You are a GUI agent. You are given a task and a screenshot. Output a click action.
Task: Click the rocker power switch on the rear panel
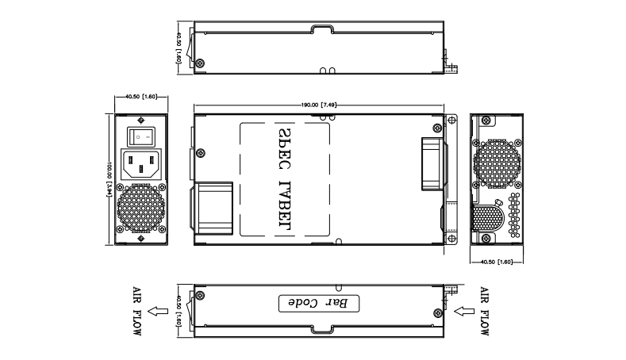click(x=141, y=136)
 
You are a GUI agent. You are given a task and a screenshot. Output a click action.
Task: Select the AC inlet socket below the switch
click(x=141, y=165)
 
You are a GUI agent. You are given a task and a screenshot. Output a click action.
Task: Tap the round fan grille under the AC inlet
click(x=141, y=209)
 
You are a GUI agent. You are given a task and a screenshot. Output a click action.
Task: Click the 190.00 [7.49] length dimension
click(x=319, y=104)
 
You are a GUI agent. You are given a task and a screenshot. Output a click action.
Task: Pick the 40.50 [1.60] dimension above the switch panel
click(x=141, y=97)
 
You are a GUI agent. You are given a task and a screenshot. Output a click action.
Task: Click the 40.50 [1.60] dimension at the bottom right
click(x=497, y=259)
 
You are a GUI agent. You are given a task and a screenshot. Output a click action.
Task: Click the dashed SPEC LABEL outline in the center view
click(x=284, y=179)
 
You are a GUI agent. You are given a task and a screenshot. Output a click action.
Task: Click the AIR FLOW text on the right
click(x=485, y=310)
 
